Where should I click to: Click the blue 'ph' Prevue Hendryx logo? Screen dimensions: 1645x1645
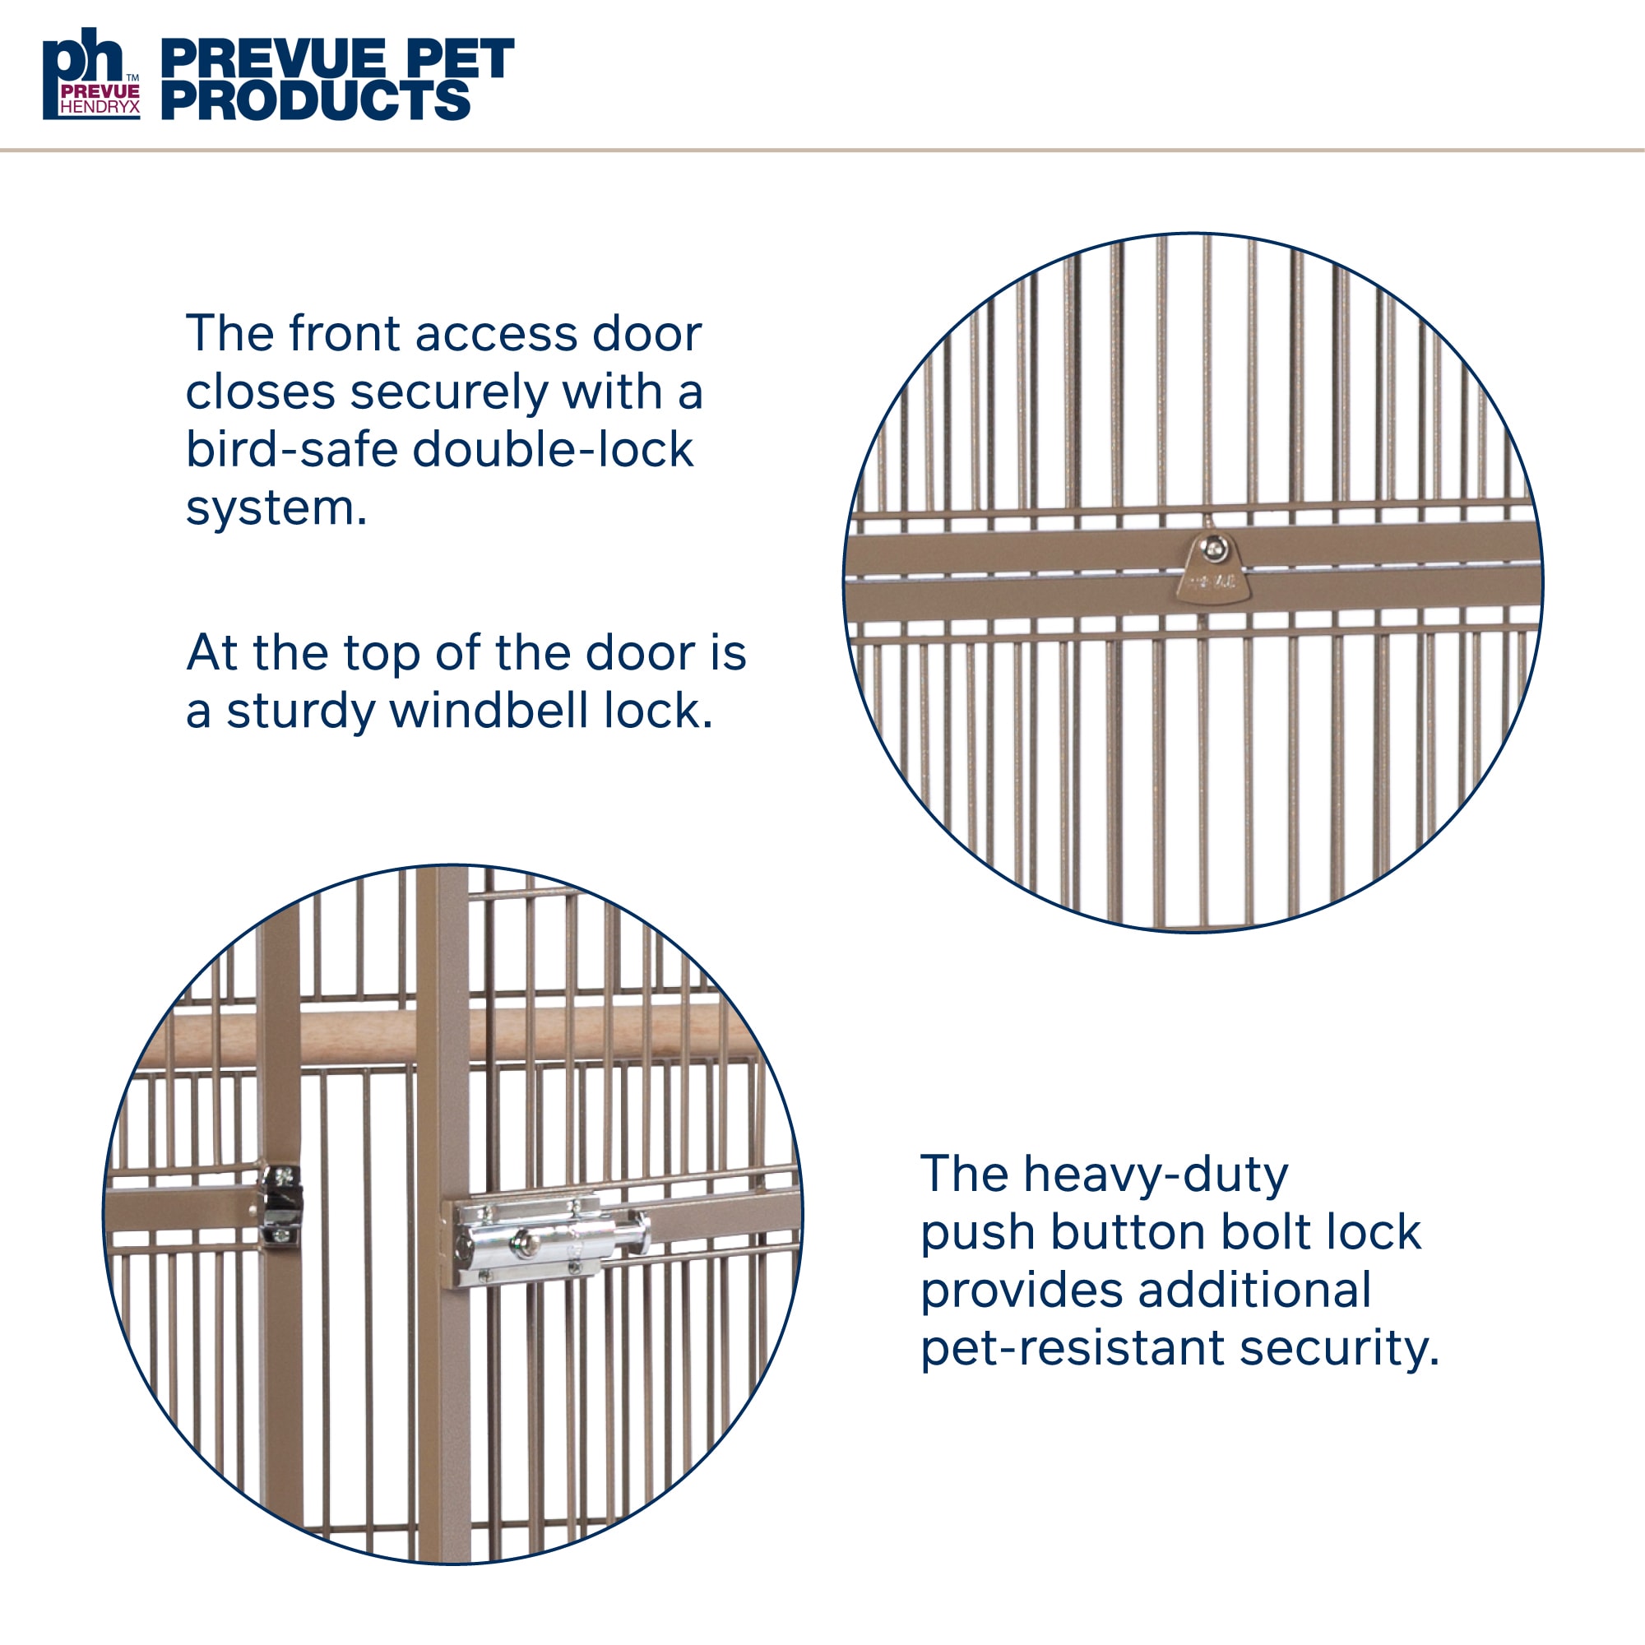(91, 73)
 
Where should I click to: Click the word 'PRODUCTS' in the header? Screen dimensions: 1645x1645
(316, 100)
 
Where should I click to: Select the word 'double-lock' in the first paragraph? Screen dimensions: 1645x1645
(553, 450)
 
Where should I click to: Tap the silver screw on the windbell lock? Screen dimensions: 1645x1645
(1213, 548)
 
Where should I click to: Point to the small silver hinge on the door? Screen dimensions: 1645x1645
(281, 1206)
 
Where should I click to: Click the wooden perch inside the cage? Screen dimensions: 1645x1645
(442, 1036)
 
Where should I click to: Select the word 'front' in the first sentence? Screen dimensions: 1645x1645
(344, 333)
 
